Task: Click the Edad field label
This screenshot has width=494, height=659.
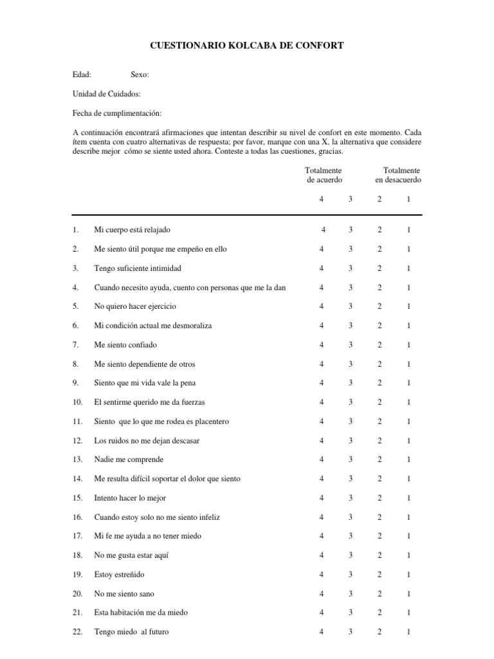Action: pyautogui.click(x=82, y=75)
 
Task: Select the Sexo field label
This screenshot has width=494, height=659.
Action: pyautogui.click(x=140, y=75)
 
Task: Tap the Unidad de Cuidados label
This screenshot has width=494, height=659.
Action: pyautogui.click(x=107, y=94)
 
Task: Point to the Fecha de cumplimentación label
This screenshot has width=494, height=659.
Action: pyautogui.click(x=117, y=113)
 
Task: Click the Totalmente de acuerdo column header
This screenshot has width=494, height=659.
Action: pyautogui.click(x=324, y=175)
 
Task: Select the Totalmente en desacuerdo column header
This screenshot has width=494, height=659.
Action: pyautogui.click(x=399, y=175)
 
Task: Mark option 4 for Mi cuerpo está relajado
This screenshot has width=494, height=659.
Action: pyautogui.click(x=324, y=230)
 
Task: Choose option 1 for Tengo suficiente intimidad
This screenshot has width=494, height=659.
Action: pyautogui.click(x=408, y=268)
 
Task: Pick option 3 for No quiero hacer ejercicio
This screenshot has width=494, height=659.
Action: pyautogui.click(x=351, y=306)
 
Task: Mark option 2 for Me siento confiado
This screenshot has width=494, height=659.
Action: pyautogui.click(x=380, y=345)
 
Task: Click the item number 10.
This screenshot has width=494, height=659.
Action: pyautogui.click(x=78, y=402)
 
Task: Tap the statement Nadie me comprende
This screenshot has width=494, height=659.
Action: pyautogui.click(x=129, y=459)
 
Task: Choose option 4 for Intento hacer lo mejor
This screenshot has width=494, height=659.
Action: pyautogui.click(x=321, y=498)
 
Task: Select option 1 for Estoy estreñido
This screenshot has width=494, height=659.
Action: pyautogui.click(x=408, y=575)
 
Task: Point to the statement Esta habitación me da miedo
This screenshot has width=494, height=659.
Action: pyautogui.click(x=141, y=613)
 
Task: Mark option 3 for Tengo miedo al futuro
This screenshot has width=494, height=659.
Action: pyautogui.click(x=351, y=632)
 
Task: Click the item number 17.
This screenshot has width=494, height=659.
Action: pyautogui.click(x=78, y=536)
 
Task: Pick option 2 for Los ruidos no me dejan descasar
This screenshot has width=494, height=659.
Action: pyautogui.click(x=380, y=440)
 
